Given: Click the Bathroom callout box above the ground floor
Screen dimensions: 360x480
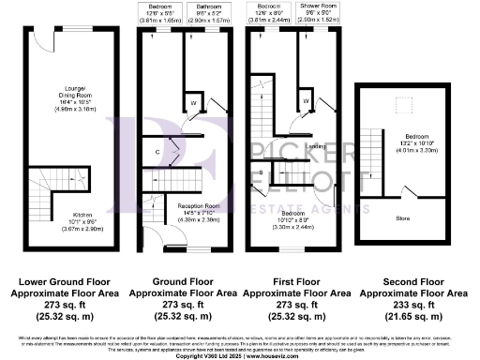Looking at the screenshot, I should [x=203, y=12].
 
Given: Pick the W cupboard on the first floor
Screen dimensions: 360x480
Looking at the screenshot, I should [x=306, y=100].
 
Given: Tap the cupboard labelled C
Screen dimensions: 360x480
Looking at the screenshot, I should [x=158, y=150].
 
